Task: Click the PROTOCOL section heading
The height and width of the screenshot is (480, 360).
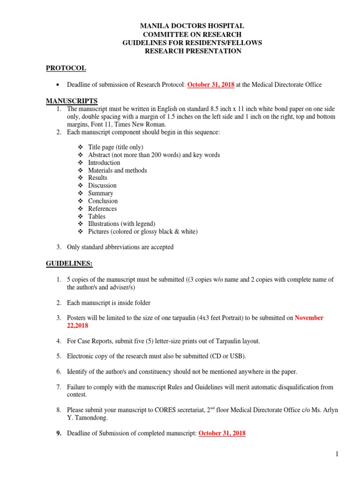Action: pyautogui.click(x=66, y=68)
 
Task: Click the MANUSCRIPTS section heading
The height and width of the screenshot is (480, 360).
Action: pyautogui.click(x=71, y=101)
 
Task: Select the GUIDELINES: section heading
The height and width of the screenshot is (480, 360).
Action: pyautogui.click(x=69, y=264)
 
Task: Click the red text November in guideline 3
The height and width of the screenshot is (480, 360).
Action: pyautogui.click(x=309, y=318)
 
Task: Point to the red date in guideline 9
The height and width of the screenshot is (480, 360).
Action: pyautogui.click(x=222, y=434)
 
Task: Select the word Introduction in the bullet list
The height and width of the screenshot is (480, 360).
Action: pyautogui.click(x=104, y=163)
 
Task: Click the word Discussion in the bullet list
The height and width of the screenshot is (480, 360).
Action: pyautogui.click(x=102, y=186)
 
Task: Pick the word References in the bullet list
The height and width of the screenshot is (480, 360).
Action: pyautogui.click(x=102, y=209)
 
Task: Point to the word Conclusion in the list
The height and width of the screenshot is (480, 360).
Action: pyautogui.click(x=103, y=201)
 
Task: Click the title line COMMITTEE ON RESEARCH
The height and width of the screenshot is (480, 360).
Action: pyautogui.click(x=192, y=35)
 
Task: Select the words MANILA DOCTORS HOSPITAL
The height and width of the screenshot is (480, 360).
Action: pyautogui.click(x=192, y=26)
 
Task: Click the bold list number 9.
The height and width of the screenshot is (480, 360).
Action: pyautogui.click(x=59, y=434)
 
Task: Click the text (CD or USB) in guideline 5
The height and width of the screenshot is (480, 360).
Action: pyautogui.click(x=220, y=356)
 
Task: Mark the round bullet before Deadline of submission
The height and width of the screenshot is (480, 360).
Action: pyautogui.click(x=58, y=85)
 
